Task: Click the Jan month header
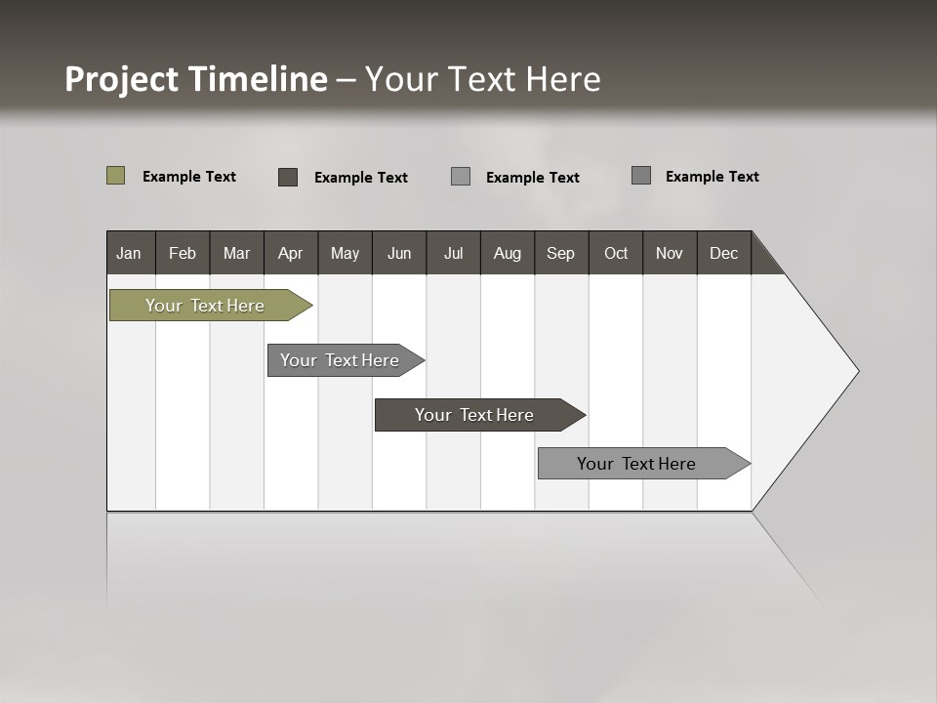point(129,253)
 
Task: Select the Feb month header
point(183,253)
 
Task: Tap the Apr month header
point(290,253)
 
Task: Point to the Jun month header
point(399,253)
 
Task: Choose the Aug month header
point(507,253)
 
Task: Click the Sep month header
point(560,253)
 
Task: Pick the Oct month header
point(616,253)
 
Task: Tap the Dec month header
point(723,253)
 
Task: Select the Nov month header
point(670,253)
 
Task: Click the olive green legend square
point(115,176)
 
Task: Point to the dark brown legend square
point(288,177)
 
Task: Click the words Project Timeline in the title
point(195,79)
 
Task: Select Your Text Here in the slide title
point(483,79)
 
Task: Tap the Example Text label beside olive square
point(189,177)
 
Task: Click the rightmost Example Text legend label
point(712,177)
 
